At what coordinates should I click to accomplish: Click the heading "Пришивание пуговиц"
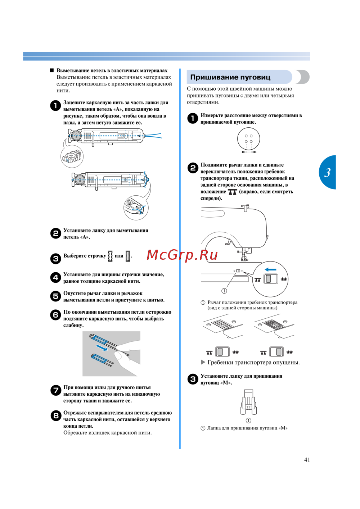pyautogui.click(x=230, y=77)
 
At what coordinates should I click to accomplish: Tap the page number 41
pyautogui.click(x=307, y=460)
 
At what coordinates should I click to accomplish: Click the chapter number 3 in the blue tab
pyautogui.click(x=327, y=173)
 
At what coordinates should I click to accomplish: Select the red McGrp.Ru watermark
pyautogui.click(x=182, y=255)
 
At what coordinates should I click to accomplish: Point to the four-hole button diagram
pyautogui.click(x=248, y=139)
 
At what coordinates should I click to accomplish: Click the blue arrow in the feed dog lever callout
pyautogui.click(x=270, y=269)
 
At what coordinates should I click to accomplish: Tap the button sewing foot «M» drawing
pyautogui.click(x=248, y=402)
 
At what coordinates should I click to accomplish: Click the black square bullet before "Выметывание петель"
pyautogui.click(x=52, y=71)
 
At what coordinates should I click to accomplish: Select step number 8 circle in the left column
pyautogui.click(x=55, y=416)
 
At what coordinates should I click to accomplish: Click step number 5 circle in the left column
pyautogui.click(x=55, y=296)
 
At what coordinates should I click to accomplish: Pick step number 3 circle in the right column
pyautogui.click(x=193, y=379)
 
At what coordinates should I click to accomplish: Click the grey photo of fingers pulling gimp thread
pyautogui.click(x=111, y=354)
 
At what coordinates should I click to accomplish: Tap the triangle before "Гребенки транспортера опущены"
pyautogui.click(x=203, y=362)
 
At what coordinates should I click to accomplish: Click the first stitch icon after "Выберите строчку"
pyautogui.click(x=110, y=256)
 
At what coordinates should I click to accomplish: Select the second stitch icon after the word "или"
pyautogui.click(x=128, y=256)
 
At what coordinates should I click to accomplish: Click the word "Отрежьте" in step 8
pyautogui.click(x=75, y=413)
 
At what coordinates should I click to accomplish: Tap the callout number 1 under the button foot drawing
pyautogui.click(x=248, y=421)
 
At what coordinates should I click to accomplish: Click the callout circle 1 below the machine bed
pyautogui.click(x=224, y=291)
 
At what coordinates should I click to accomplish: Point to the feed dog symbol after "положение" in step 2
pyautogui.click(x=233, y=192)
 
